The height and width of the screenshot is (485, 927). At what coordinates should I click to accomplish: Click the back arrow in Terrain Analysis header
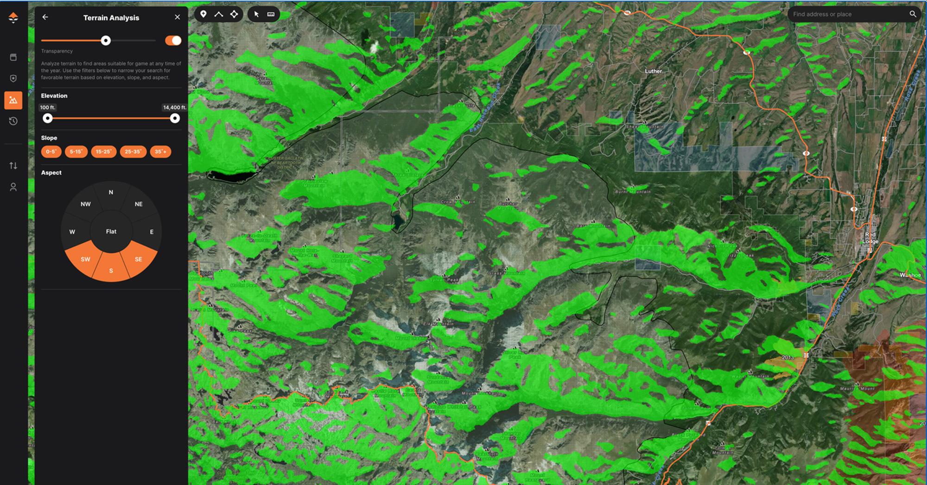coord(45,17)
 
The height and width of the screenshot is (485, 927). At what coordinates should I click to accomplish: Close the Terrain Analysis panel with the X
coord(177,17)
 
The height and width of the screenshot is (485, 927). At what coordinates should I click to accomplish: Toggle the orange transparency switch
coord(173,41)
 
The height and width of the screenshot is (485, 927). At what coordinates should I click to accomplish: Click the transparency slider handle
coord(106,41)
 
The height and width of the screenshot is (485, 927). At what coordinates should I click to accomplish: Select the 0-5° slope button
coord(51,151)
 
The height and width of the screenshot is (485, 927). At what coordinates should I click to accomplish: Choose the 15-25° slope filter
coord(103,151)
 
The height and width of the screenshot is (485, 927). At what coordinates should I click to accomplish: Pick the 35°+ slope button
coord(160,151)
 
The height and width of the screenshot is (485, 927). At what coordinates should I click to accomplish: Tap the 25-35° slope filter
coord(133,151)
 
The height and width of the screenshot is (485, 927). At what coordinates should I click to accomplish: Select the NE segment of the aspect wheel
coord(138,204)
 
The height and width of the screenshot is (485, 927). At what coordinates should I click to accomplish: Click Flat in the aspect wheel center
coord(111,232)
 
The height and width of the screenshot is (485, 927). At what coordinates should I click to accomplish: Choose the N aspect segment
coord(111,192)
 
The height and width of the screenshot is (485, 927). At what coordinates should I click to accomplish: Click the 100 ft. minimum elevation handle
coord(48,119)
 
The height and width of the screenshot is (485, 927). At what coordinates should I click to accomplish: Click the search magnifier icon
coord(913,14)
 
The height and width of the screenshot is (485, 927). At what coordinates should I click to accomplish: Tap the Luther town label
coord(653,71)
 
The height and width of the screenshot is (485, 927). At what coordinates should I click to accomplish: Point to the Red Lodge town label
coord(870,238)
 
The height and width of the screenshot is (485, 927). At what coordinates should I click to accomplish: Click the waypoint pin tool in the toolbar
coord(203,14)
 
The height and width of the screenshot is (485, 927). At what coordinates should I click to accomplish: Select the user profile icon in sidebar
coord(13,187)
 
